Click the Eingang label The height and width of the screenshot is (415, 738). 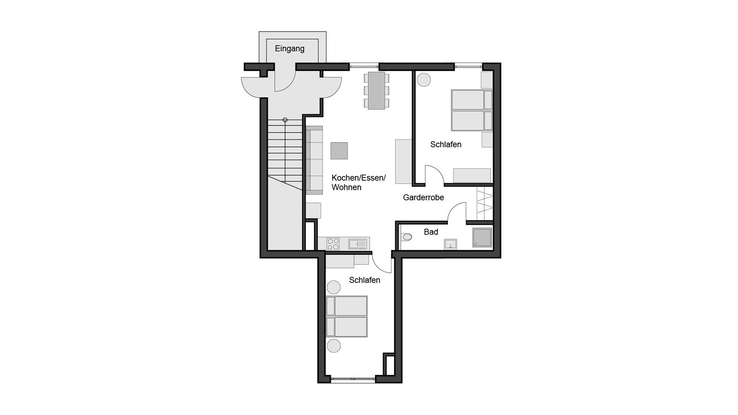pos(289,49)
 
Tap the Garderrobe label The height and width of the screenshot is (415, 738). pos(423,198)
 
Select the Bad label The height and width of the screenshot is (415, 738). pos(431,232)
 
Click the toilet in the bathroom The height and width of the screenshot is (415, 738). pos(406,237)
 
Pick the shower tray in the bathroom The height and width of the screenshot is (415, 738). pos(482,237)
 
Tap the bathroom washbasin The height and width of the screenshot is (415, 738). pos(450,244)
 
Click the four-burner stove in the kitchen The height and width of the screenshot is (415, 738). pos(333,244)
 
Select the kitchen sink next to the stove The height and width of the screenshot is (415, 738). pos(357,244)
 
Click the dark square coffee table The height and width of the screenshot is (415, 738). pos(339,151)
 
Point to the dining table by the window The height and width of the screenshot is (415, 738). pos(376,91)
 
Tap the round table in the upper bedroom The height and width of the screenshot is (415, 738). pos(424,80)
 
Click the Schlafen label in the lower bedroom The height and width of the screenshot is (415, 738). pos(364,280)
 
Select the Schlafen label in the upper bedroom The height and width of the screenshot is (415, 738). pos(445,144)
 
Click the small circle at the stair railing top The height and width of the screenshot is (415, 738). pos(285,120)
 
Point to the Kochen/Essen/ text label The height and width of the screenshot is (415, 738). pos(358,178)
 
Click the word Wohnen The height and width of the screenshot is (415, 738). pos(346,188)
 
